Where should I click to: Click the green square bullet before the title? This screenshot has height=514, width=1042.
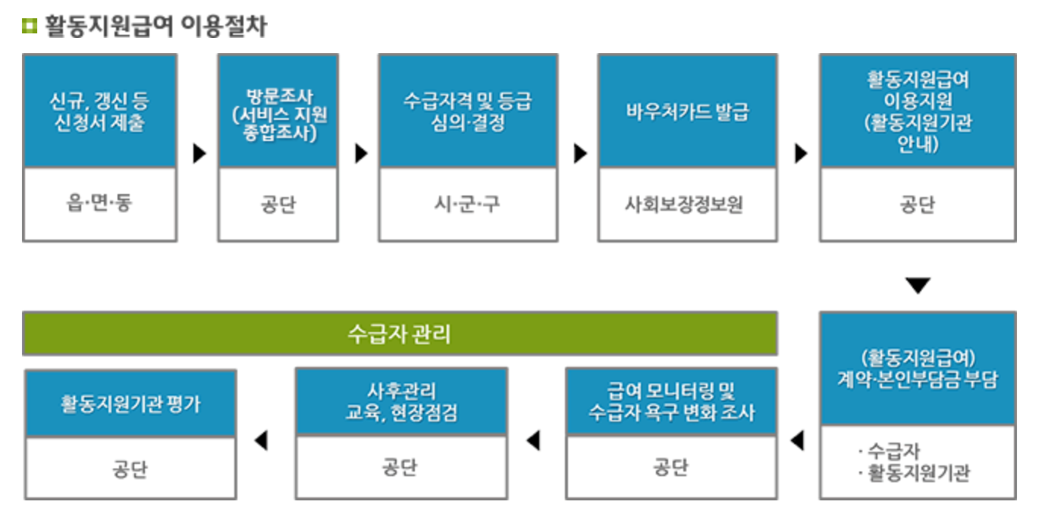pos(30,27)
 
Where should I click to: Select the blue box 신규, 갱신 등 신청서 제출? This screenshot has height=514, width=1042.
pos(99,111)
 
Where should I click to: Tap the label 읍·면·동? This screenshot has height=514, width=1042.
pos(99,204)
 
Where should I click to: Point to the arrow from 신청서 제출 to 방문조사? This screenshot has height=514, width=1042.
pos(199,154)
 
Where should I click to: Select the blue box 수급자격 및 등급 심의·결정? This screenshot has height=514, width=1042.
pos(468,111)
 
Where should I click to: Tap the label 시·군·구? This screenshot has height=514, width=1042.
pos(468,205)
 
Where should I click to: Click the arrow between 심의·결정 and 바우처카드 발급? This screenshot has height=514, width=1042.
pos(580,154)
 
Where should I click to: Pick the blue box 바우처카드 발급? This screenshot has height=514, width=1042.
pos(687,111)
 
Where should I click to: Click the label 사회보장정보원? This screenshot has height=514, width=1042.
pos(687,205)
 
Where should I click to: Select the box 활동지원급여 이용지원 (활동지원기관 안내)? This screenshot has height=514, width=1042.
pos(918,111)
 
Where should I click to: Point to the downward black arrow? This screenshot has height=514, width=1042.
pos(918,286)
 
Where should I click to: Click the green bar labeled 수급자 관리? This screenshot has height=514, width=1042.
pos(400,334)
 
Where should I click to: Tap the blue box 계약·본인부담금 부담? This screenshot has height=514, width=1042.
pos(918,368)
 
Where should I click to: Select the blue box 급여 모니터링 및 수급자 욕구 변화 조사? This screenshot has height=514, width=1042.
pos(671,402)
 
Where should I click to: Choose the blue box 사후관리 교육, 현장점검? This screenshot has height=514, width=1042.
pos(401,402)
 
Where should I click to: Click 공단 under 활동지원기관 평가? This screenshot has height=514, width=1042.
pos(130,469)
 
